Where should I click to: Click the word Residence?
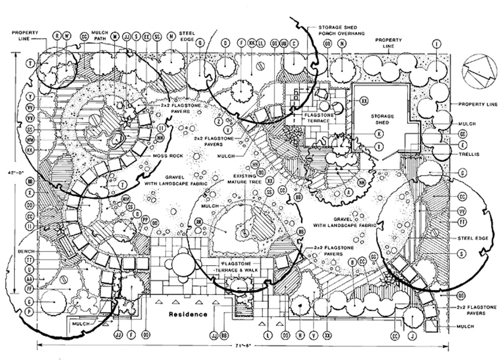coord(188,314)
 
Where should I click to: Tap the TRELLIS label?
coord(470,154)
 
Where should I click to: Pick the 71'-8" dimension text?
coord(243,346)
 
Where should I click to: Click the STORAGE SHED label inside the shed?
coord(382,119)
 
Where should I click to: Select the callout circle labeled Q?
coord(200,43)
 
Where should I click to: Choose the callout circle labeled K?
coord(379,133)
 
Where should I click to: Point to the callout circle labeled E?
coord(463,145)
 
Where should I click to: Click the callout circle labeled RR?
coord(199,221)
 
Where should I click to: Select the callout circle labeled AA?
coord(31,279)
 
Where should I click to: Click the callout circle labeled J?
coord(412,336)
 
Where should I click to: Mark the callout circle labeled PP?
coord(145,219)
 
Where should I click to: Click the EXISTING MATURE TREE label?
coord(248,178)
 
